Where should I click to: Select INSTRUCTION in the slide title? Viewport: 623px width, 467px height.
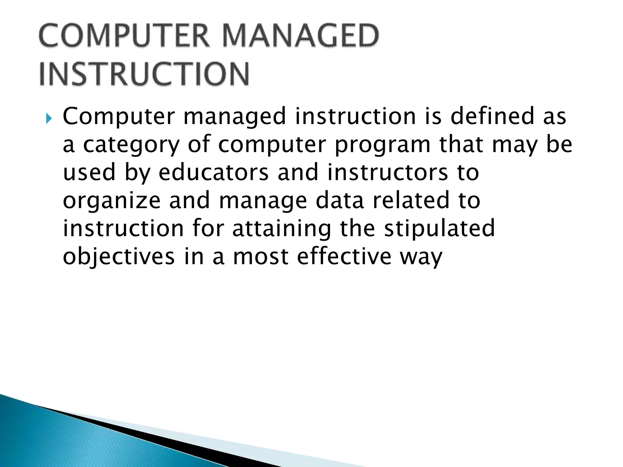pos(144,74)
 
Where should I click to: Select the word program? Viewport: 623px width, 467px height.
pos(382,145)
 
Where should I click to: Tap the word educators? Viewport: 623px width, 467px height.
pos(214,172)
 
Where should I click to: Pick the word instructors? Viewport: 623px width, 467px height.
pos(387,172)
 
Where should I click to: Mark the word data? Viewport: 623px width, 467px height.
pos(339,201)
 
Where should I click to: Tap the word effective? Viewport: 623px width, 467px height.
pos(344,256)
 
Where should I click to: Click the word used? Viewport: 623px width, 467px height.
pos(89,172)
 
